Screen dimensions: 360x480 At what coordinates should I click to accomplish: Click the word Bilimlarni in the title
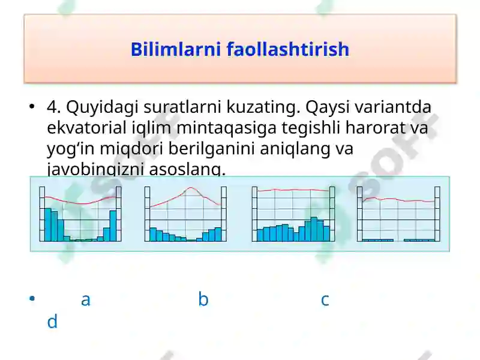click(x=176, y=49)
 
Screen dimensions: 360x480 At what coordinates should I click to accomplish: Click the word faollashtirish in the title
click(x=288, y=49)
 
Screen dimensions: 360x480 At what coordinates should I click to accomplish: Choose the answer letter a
click(x=85, y=299)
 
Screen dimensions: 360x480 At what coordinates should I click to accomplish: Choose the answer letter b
click(x=203, y=299)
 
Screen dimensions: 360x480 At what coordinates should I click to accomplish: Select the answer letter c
click(x=325, y=299)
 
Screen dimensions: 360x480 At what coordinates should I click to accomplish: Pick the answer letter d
click(x=52, y=322)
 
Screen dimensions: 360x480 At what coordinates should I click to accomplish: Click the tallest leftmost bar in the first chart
click(x=47, y=224)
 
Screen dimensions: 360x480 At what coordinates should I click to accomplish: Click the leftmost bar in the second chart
click(x=153, y=234)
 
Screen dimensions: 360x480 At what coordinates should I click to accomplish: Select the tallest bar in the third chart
click(x=314, y=229)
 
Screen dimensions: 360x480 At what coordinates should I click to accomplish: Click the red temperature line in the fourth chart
click(x=396, y=199)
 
